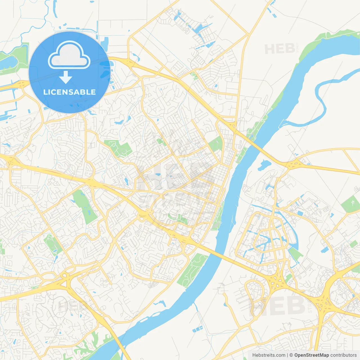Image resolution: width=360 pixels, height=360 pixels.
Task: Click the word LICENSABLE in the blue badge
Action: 69,92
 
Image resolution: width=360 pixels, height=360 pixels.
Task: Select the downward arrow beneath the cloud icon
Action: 66,77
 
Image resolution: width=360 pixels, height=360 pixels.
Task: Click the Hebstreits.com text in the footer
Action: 269,355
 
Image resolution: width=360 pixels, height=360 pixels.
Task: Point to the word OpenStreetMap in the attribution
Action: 311,355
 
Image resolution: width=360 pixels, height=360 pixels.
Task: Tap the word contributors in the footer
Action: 343,355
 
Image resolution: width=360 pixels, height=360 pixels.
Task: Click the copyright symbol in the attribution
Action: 291,355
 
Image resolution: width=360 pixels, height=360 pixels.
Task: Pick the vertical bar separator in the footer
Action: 287,355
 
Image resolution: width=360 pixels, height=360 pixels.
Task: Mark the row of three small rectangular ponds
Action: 197,328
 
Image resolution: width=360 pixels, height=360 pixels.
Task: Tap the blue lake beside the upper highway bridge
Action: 263,165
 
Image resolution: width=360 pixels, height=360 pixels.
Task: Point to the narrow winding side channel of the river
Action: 321,98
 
